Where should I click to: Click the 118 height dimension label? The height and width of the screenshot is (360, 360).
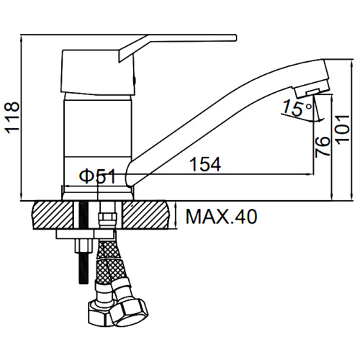coord(12,117)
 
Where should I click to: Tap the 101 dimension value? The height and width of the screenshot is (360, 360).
coord(342,130)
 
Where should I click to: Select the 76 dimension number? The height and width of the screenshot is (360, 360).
coord(323,147)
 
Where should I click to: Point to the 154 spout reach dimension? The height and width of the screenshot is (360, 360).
coord(205,164)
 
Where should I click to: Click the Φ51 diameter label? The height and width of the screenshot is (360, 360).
coord(98,176)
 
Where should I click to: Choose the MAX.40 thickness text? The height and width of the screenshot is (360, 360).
coord(221,217)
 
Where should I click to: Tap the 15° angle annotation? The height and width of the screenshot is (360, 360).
coord(297,108)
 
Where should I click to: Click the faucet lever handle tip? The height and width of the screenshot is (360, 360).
coord(235,37)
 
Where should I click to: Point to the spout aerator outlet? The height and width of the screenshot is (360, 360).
coord(312,92)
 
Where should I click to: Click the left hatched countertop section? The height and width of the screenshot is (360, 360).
coord(53,215)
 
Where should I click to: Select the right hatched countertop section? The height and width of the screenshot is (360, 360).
coord(146,215)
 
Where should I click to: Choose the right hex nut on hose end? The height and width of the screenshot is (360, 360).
coord(130,312)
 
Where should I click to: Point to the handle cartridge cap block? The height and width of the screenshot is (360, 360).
coord(98,73)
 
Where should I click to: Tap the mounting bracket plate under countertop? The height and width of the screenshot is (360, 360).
coord(85,234)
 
